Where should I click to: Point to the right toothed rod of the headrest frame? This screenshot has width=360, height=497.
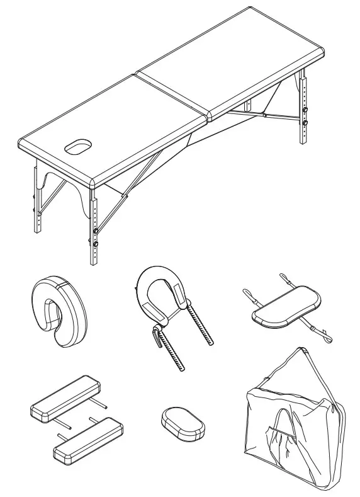pyautogui.click(x=205, y=328)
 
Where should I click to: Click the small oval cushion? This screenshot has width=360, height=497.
pyautogui.click(x=183, y=423)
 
